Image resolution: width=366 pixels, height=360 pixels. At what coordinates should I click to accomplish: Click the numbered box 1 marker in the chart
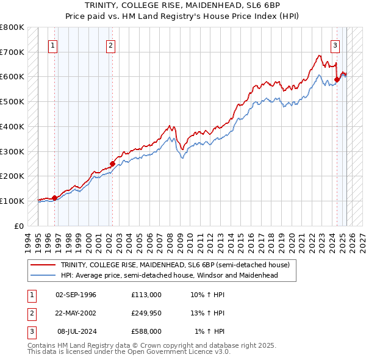52,45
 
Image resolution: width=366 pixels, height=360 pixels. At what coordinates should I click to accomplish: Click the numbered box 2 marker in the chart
110,45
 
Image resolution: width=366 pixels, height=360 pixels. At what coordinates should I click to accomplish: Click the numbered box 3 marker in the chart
335,45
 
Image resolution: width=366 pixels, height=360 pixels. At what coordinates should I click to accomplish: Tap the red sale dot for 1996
54,198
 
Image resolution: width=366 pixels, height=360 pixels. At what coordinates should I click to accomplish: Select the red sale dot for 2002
112,164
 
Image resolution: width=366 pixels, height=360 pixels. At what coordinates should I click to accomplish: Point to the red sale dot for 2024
337,79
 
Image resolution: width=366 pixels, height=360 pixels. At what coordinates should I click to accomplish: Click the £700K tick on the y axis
12,52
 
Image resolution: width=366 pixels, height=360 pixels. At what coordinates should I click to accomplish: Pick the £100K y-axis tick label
12,201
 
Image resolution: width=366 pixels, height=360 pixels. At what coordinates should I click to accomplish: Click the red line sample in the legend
43,265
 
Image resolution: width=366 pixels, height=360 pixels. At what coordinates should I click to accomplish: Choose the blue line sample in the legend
43,275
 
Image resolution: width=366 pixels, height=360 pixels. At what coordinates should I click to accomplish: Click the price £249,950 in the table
146,313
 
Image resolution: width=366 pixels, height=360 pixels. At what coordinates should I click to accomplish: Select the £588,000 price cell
146,331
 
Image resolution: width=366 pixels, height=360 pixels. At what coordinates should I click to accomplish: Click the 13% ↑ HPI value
208,313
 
